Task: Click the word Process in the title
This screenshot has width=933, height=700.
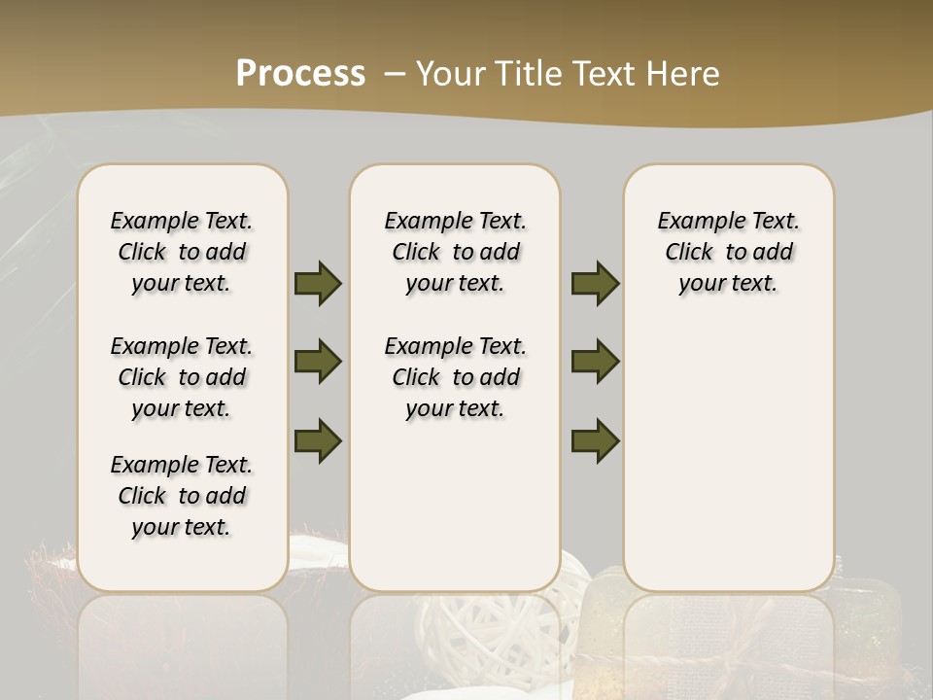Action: [x=300, y=74]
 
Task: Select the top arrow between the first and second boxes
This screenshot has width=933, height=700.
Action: [x=318, y=283]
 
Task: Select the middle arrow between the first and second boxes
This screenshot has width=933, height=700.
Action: [x=318, y=362]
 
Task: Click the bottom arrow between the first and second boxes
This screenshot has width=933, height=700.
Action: [x=318, y=440]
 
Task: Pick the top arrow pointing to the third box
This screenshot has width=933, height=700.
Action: [x=595, y=283]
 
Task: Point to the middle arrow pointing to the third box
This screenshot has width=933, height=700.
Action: [x=595, y=362]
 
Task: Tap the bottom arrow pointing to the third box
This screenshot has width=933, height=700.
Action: [x=595, y=440]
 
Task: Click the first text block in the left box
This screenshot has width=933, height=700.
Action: [x=182, y=252]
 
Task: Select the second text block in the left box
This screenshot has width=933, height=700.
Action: [x=182, y=377]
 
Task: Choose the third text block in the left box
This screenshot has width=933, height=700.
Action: [x=182, y=496]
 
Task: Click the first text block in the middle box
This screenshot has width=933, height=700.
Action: [x=455, y=252]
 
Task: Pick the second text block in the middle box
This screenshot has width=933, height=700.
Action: [x=455, y=377]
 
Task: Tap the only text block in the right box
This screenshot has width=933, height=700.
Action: [x=728, y=252]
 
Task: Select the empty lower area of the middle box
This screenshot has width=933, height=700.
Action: [x=455, y=506]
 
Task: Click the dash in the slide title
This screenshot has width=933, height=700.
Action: [x=394, y=74]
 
